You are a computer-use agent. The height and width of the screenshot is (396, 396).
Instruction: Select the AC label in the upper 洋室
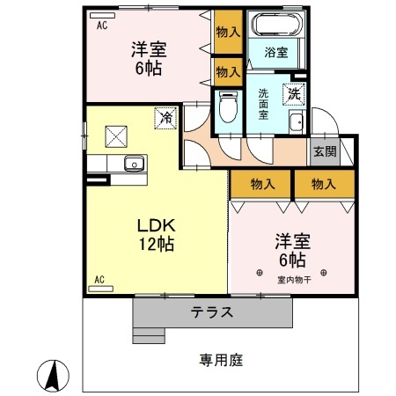pyautogui.click(x=102, y=26)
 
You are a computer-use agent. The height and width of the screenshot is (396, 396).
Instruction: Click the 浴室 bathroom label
pyautogui.click(x=275, y=53)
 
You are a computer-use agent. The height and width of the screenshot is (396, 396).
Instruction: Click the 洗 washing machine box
pyautogui.click(x=291, y=92)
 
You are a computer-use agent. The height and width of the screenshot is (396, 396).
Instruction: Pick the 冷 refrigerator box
pyautogui.click(x=165, y=116)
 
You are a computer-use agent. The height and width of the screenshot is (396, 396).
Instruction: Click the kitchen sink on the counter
pyautogui.click(x=133, y=162)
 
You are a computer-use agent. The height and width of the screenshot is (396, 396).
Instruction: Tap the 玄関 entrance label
pyautogui.click(x=323, y=150)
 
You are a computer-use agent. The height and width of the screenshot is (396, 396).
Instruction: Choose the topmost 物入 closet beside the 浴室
pyautogui.click(x=226, y=32)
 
